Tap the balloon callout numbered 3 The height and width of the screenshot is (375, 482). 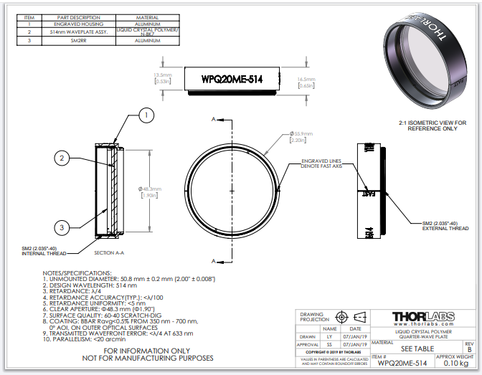(x=62, y=227)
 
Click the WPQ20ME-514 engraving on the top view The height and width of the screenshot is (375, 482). (x=230, y=79)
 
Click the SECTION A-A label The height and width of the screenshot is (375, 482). (x=108, y=252)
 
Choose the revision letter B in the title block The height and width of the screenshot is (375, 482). (x=469, y=351)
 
